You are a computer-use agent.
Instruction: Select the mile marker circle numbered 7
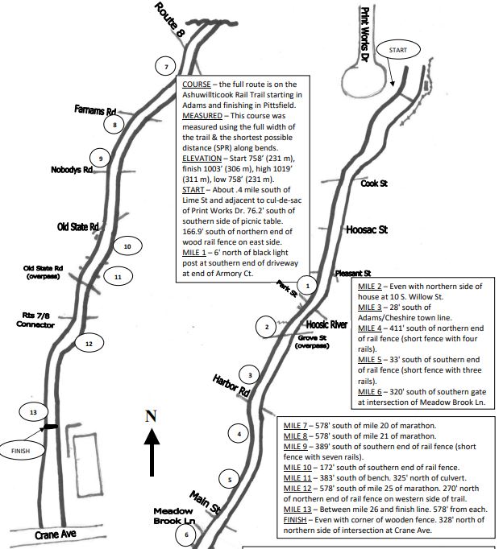164,66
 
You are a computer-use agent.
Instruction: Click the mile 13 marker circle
33,411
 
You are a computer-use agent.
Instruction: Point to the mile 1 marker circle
306,285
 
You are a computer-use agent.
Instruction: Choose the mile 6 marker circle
186,534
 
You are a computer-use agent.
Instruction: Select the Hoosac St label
367,229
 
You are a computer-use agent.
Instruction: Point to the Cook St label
374,184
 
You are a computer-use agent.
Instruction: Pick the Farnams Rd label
96,109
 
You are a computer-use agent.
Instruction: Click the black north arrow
151,454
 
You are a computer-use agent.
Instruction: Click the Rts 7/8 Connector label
35,320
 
